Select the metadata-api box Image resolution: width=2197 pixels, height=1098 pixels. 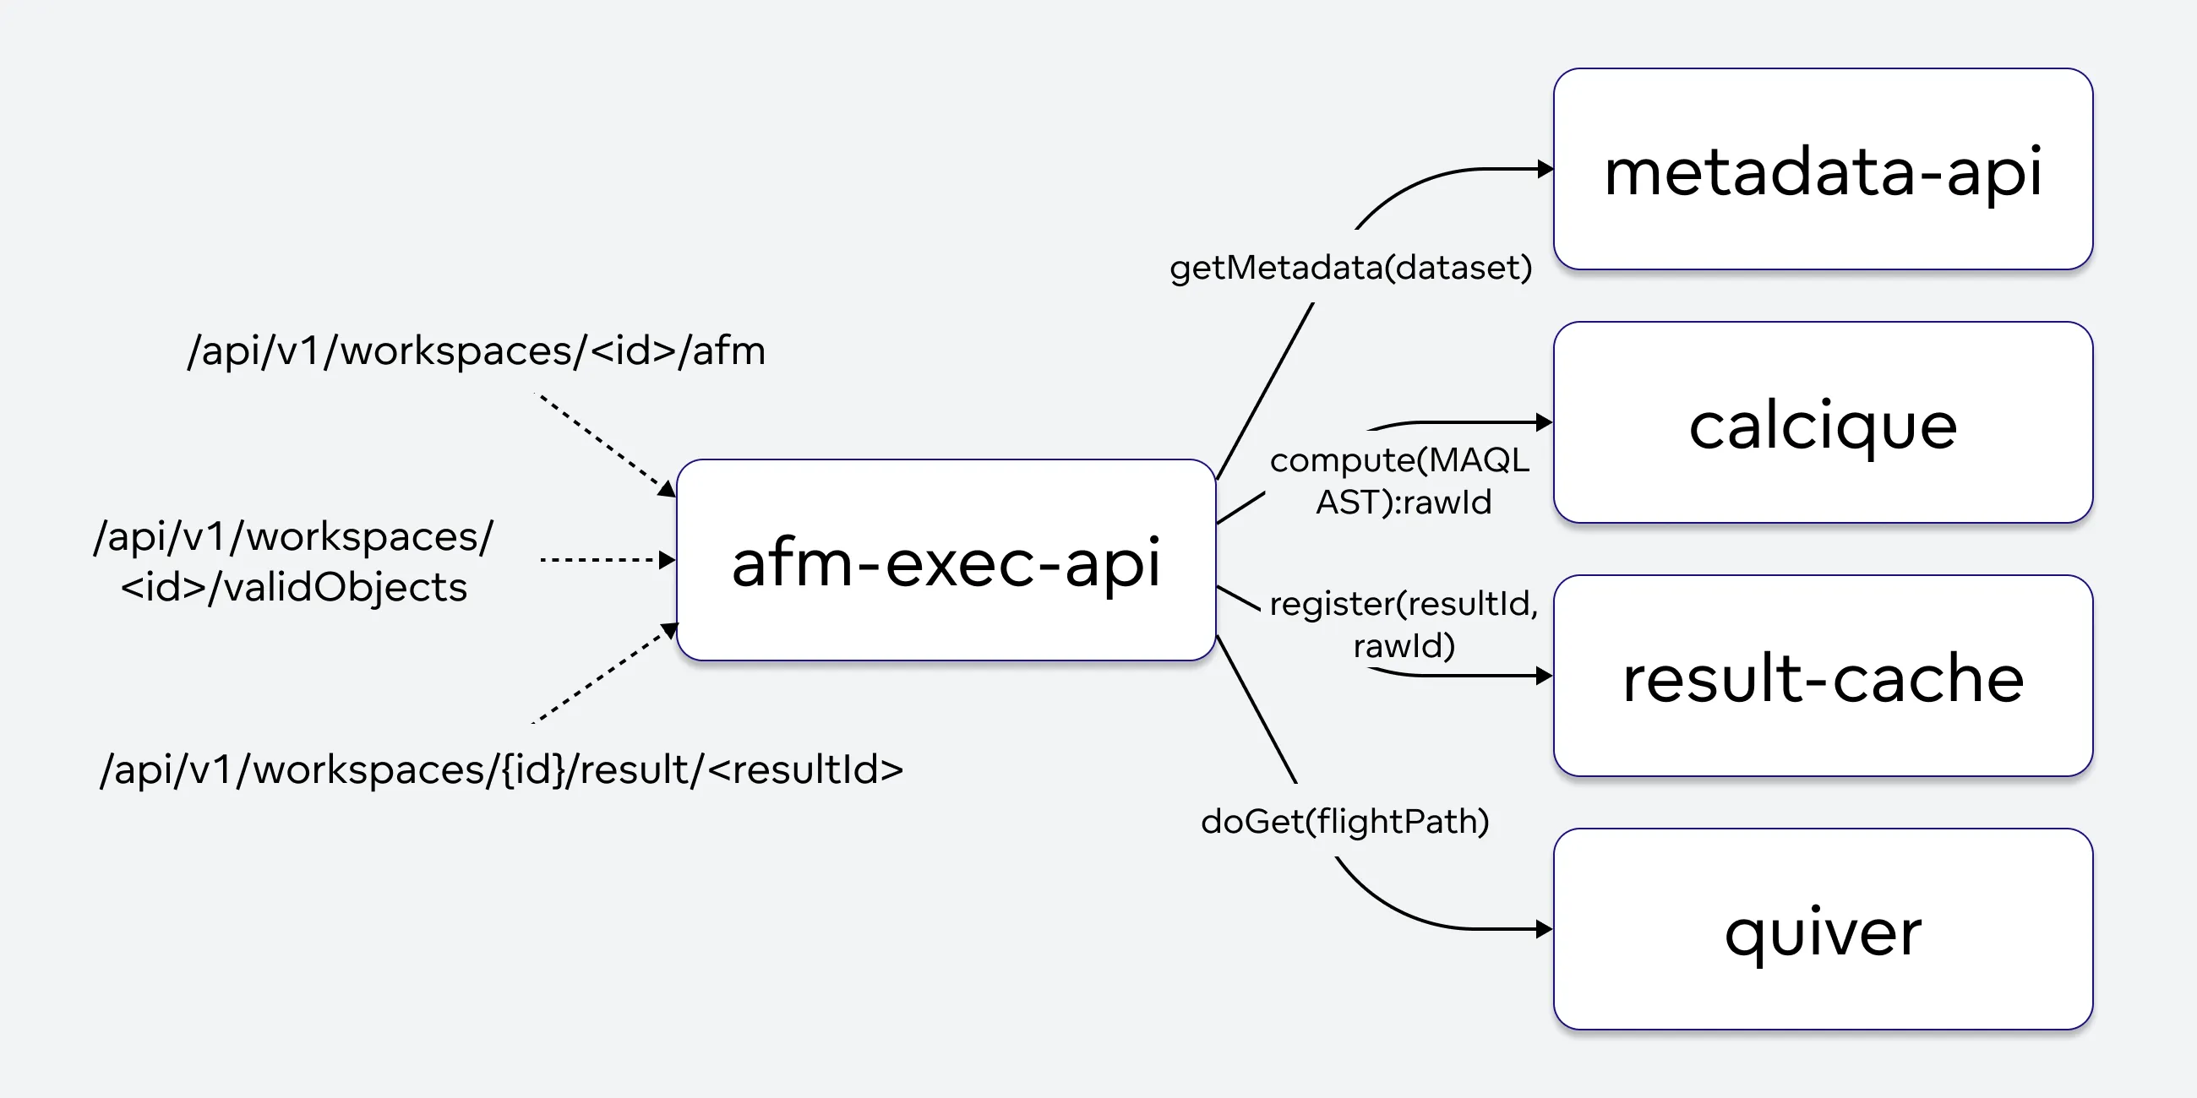click(x=1823, y=170)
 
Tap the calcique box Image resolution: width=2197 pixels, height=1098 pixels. click(x=1823, y=423)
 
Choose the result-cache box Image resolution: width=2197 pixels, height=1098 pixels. click(x=1823, y=676)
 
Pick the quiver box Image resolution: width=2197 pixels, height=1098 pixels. click(x=1823, y=929)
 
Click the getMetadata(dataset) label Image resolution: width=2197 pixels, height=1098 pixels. click(x=1350, y=268)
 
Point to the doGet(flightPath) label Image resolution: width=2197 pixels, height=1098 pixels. click(x=1345, y=821)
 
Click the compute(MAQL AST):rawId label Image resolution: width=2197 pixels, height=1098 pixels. click(x=1400, y=481)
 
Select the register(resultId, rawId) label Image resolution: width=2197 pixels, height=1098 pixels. click(x=1403, y=624)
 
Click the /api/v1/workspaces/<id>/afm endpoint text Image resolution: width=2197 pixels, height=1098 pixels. click(x=476, y=351)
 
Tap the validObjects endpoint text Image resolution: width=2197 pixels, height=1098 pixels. click(x=293, y=562)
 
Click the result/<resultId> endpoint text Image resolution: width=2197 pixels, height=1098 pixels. click(x=501, y=769)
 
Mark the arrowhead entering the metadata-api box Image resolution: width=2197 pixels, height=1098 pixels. click(x=1545, y=169)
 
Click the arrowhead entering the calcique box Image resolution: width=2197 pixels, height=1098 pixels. click(x=1545, y=422)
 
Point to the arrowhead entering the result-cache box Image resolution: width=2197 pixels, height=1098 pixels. click(x=1545, y=676)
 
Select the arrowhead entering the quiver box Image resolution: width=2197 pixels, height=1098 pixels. click(x=1545, y=929)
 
